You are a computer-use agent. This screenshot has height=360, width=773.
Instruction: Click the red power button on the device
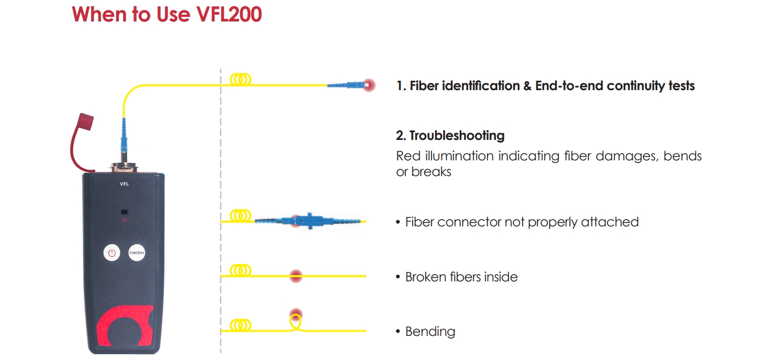coord(111,253)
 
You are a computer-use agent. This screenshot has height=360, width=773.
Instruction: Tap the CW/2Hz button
coord(137,253)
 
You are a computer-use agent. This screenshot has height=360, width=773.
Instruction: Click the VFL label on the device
coord(124,184)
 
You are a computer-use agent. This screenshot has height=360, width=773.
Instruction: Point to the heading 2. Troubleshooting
coord(450,136)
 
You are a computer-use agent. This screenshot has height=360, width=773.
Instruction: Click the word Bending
coord(430,332)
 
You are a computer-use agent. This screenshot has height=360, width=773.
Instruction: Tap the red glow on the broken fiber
coord(296,276)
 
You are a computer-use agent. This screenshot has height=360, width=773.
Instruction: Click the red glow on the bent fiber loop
coord(296,314)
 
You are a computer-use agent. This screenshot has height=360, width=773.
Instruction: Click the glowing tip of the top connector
coord(369,85)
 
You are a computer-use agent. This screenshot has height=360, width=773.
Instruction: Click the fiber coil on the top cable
coord(240,80)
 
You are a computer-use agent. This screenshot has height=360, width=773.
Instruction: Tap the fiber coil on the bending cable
coord(240,325)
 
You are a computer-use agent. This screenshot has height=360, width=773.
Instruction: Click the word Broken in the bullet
coord(425,277)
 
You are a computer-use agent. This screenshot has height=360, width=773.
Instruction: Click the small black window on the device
coord(124,212)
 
